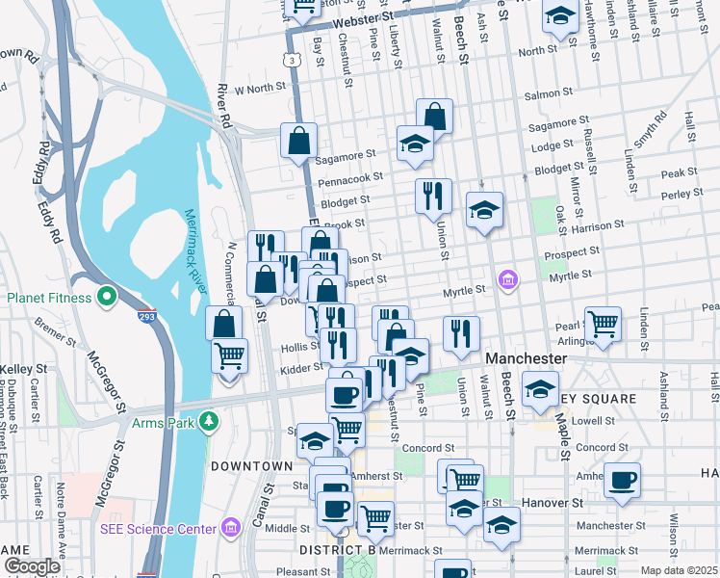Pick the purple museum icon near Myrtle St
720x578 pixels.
click(x=507, y=280)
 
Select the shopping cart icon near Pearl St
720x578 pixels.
click(x=603, y=325)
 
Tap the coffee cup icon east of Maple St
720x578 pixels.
click(x=622, y=480)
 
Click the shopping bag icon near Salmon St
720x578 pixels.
click(x=434, y=116)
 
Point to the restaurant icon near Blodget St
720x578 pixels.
click(x=433, y=196)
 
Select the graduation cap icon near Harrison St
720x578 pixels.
click(x=484, y=210)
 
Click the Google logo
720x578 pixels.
click(x=32, y=565)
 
